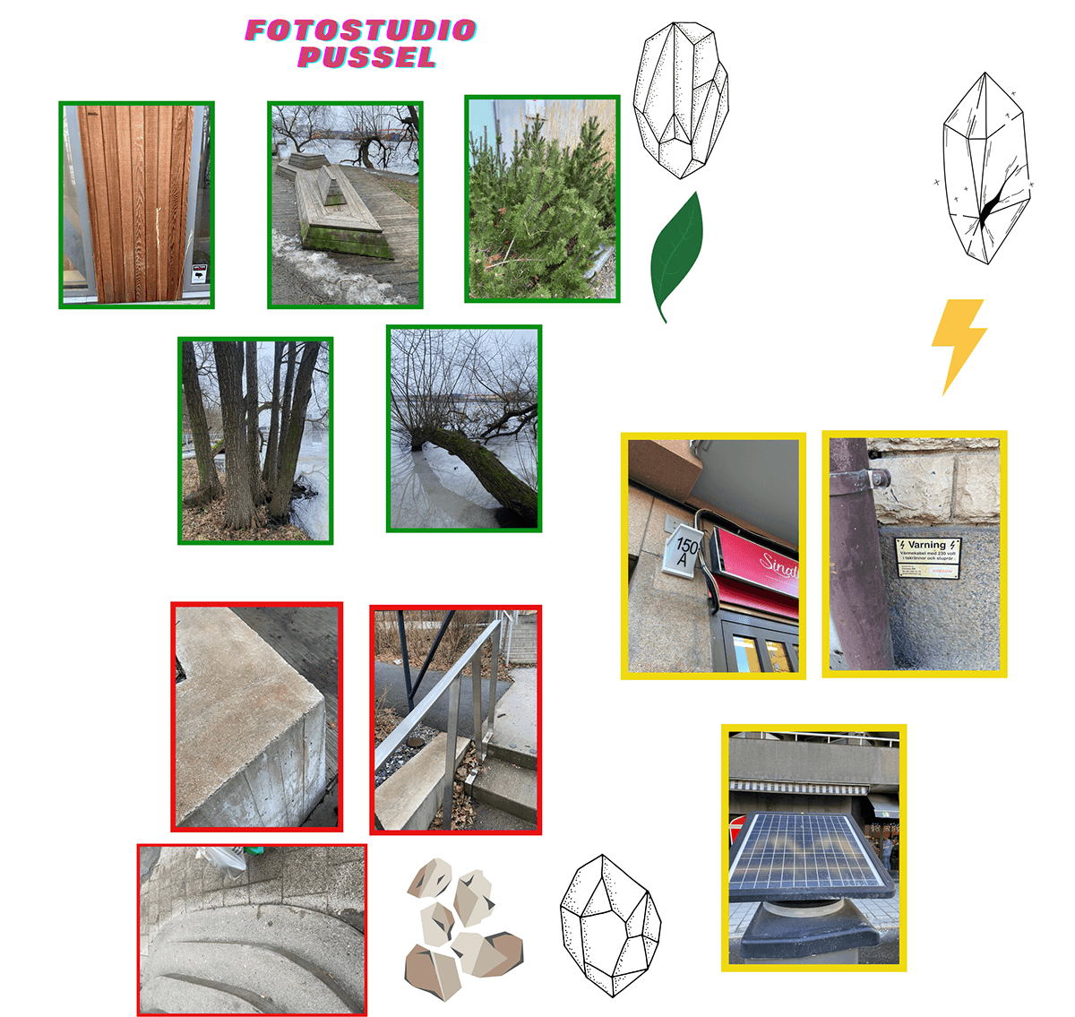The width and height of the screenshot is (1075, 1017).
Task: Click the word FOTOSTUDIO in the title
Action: pyautogui.click(x=360, y=30)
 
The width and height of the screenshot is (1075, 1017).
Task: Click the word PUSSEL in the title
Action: pyautogui.click(x=367, y=58)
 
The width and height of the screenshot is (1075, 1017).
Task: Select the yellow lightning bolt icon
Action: pyautogui.click(x=958, y=344)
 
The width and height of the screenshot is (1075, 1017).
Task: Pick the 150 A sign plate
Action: pyautogui.click(x=686, y=550)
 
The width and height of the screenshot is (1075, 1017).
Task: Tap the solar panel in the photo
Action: pyautogui.click(x=811, y=856)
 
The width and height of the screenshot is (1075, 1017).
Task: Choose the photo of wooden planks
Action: pyautogui.click(x=136, y=204)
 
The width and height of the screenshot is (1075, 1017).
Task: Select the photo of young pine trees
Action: pyautogui.click(x=542, y=199)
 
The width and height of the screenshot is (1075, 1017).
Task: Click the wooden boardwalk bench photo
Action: pyautogui.click(x=345, y=204)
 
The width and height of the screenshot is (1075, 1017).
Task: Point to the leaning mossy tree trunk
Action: pyautogui.click(x=488, y=466)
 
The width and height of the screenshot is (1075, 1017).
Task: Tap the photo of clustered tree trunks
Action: pyautogui.click(x=255, y=440)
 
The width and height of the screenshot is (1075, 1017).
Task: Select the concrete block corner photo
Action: pyautogui.click(x=256, y=717)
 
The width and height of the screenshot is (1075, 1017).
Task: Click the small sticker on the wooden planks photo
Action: pyautogui.click(x=199, y=272)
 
